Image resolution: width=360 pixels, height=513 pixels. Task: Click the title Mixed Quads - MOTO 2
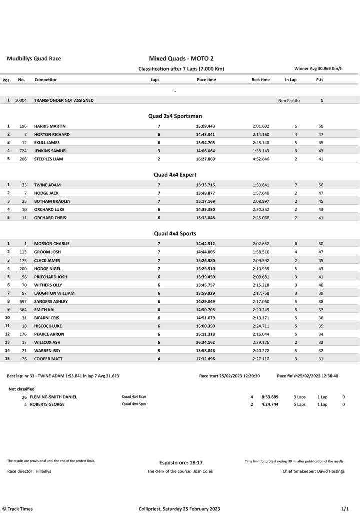coord(181,59)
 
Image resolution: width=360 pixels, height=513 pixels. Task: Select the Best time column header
coord(260,80)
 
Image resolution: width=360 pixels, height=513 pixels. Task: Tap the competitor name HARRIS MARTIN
coord(50,126)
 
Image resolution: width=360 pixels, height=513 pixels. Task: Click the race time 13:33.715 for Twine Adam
coord(205,185)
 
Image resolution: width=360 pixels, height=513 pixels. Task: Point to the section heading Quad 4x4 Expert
coord(175,175)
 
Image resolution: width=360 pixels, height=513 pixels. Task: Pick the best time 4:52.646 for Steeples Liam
coord(261,159)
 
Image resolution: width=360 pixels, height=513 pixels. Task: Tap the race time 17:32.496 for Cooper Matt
coord(205,358)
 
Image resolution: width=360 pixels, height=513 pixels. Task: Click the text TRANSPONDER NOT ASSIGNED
coord(64,100)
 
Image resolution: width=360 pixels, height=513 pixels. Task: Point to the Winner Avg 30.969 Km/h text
coord(318,68)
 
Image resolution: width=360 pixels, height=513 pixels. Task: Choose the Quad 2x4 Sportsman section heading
coord(175,116)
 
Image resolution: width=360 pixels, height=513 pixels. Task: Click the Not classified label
coord(22,389)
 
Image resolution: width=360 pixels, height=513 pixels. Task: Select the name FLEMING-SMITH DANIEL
coord(53,397)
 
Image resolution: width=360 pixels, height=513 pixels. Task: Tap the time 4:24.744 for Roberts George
coord(270,404)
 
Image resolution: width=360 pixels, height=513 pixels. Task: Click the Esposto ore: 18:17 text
coord(181,463)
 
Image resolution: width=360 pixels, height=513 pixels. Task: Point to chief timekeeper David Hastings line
coord(313,471)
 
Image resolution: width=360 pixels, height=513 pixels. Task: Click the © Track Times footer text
coord(18,509)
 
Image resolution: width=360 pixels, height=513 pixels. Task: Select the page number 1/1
coord(345,509)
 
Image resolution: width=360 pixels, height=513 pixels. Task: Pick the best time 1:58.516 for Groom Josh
coord(261,252)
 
